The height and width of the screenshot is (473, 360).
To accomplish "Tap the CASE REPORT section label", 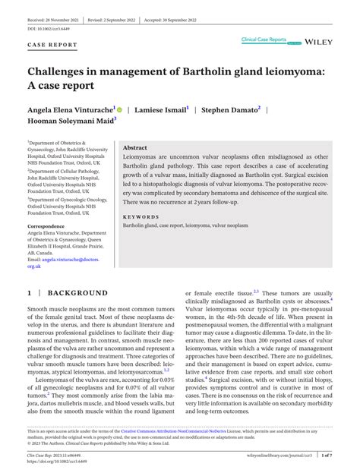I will click(x=53, y=45).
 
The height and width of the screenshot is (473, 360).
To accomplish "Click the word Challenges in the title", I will click(x=65, y=72).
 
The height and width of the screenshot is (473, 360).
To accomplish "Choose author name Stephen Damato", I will click(x=232, y=110).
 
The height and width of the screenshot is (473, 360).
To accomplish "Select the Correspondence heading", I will click(x=50, y=226).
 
